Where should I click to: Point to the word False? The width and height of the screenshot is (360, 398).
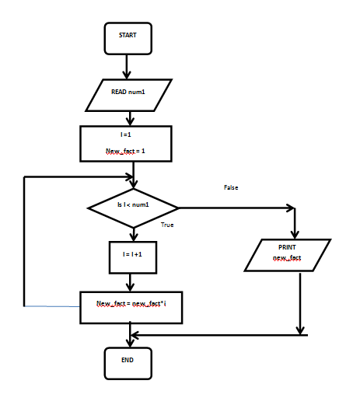pos(231,187)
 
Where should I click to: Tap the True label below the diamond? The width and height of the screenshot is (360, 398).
pos(167,225)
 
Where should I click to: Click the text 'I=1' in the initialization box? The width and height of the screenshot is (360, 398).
pos(126,134)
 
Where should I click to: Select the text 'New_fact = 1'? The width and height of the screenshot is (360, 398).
pos(125,151)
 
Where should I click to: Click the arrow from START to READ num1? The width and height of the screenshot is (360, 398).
pos(127,67)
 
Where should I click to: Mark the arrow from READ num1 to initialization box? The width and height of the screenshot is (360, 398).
pos(130,119)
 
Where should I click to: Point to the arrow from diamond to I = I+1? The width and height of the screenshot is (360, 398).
pos(134,235)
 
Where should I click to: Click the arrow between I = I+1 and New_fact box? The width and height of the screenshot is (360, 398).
pos(130,282)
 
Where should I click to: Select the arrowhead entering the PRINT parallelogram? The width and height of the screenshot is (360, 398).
pos(295,235)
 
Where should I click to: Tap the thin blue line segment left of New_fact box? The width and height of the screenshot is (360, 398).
pos(52,306)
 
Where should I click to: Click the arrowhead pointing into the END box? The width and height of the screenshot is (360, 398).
pos(130,343)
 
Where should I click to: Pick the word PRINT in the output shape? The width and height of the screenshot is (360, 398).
pos(287,247)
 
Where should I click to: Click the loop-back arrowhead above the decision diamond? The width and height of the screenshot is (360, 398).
pos(129,177)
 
